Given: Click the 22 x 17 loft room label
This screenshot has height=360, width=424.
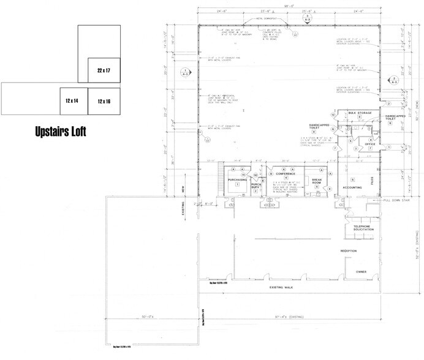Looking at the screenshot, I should tap(103, 71).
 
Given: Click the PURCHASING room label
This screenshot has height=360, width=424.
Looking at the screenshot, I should tap(237, 180).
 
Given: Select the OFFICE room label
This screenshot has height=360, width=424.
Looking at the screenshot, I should tap(369, 144).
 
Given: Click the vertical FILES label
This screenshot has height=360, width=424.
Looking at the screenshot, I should tap(373, 180).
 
